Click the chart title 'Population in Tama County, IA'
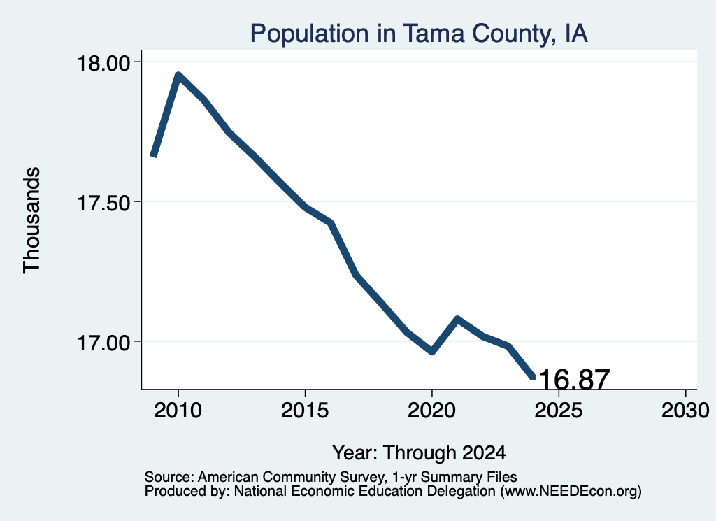pyautogui.click(x=419, y=34)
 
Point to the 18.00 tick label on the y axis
pyautogui.click(x=104, y=62)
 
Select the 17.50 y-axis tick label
pyautogui.click(x=104, y=203)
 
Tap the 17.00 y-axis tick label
pyautogui.click(x=104, y=343)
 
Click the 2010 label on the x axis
pyautogui.click(x=178, y=411)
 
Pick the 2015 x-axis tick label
pyautogui.click(x=305, y=411)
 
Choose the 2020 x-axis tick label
pyautogui.click(x=431, y=411)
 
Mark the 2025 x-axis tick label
pyautogui.click(x=559, y=411)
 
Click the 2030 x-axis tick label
pyautogui.click(x=685, y=411)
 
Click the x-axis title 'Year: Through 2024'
pyautogui.click(x=419, y=453)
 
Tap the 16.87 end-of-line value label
pyautogui.click(x=575, y=380)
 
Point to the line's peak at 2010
pyautogui.click(x=178, y=75)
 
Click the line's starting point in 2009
pyautogui.click(x=153, y=156)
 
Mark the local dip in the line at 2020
pyautogui.click(x=431, y=352)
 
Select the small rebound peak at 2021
pyautogui.click(x=457, y=318)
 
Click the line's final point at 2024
pyautogui.click(x=532, y=377)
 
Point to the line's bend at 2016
pyautogui.click(x=331, y=223)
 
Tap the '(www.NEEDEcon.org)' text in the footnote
pyautogui.click(x=571, y=492)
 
